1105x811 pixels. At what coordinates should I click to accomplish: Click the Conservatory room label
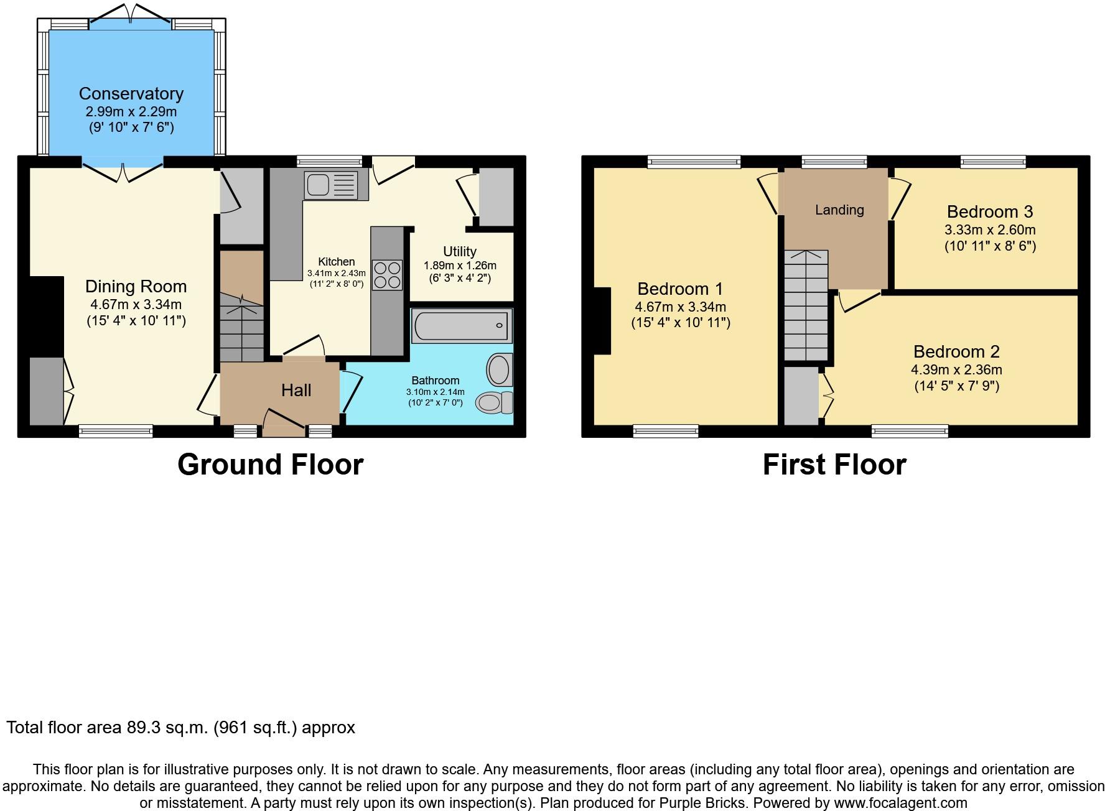[131, 94]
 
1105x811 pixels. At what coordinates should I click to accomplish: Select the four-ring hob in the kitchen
[387, 276]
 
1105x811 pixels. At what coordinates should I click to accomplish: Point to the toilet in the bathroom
[494, 402]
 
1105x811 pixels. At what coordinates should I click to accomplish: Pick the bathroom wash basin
[500, 369]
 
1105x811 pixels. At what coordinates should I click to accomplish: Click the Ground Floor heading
[270, 465]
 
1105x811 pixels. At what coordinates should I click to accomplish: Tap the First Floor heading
[834, 465]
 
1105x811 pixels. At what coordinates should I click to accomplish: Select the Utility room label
[460, 251]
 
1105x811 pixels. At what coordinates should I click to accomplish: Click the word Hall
[296, 391]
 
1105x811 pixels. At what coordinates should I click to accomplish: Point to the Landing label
[839, 210]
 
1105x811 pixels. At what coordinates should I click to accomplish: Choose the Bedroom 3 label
[990, 211]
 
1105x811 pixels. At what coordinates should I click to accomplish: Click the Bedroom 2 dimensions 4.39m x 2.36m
[956, 369]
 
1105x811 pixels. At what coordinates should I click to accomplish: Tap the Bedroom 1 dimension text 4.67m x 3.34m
[681, 307]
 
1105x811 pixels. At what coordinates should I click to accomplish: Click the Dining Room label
[136, 286]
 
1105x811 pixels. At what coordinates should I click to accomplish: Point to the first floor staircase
[806, 305]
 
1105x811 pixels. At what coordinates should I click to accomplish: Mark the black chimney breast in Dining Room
[47, 317]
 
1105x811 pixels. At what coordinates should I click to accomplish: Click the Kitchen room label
[337, 262]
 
